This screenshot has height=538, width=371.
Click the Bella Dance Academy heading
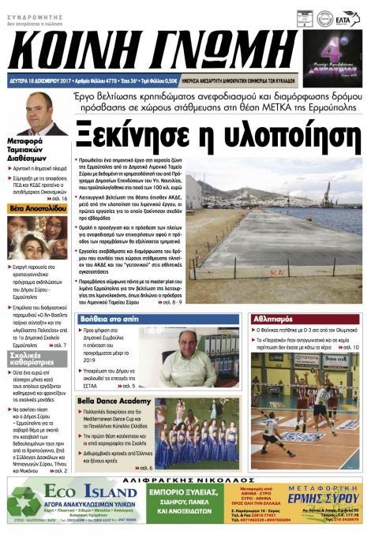[x=114, y=402]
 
